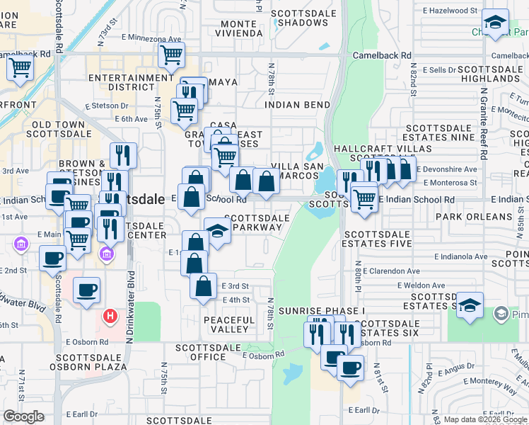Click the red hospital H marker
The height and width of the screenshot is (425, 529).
pyautogui.click(x=110, y=316)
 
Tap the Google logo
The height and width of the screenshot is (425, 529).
pyautogui.click(x=23, y=416)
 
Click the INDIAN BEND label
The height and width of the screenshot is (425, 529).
pyautogui.click(x=298, y=104)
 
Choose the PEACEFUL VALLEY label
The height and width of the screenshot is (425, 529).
pyautogui.click(x=228, y=326)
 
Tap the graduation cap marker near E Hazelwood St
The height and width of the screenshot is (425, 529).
pyautogui.click(x=496, y=21)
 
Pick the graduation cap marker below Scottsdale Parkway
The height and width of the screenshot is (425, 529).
pyautogui.click(x=218, y=231)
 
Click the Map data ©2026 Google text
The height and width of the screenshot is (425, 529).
pyautogui.click(x=485, y=419)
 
